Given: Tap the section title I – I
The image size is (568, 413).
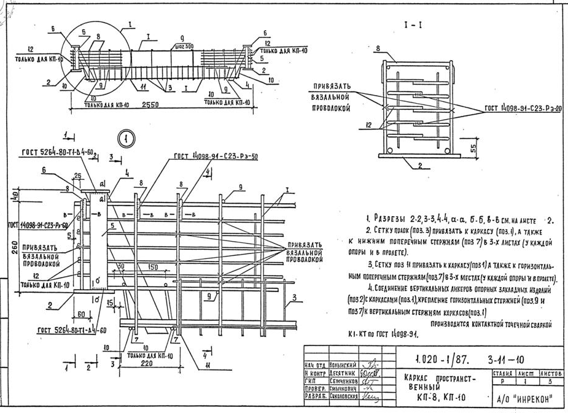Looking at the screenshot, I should click(x=413, y=26).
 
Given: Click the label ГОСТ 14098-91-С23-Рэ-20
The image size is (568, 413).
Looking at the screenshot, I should click(x=523, y=108).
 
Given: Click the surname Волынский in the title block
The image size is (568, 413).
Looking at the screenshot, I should click(x=343, y=365).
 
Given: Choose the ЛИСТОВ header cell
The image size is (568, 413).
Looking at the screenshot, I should click(x=552, y=372).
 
